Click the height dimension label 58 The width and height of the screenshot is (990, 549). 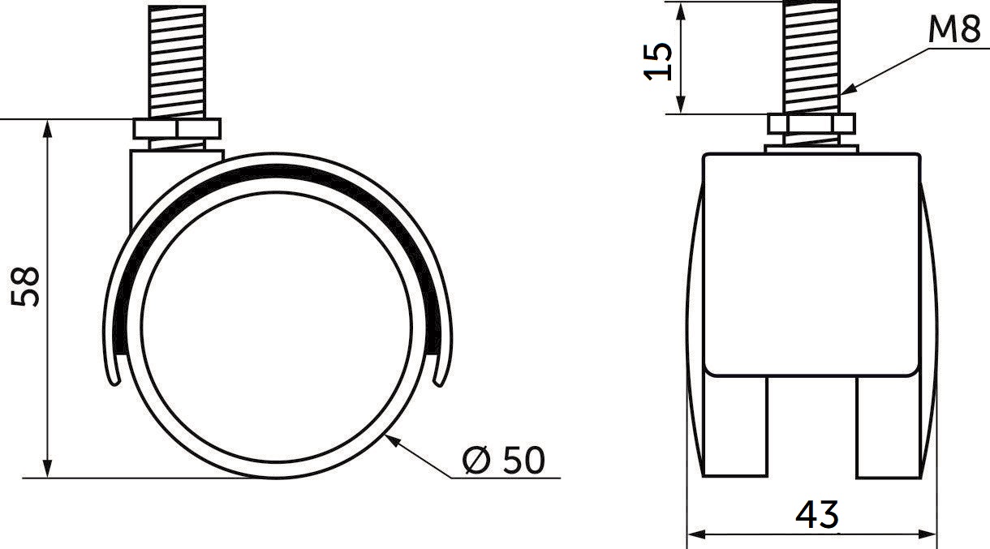pos(25,286)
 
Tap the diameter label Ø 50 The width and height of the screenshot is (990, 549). pos(504,460)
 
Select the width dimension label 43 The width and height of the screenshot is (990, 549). pos(816,515)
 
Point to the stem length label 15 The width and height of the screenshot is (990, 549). pos(657,62)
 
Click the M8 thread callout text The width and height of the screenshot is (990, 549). pos(954,29)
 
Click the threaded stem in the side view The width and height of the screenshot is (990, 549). pos(177,62)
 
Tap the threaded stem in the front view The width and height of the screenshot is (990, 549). pos(811,57)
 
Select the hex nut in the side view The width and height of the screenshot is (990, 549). pos(177,128)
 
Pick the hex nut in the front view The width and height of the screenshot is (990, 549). pos(811,124)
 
